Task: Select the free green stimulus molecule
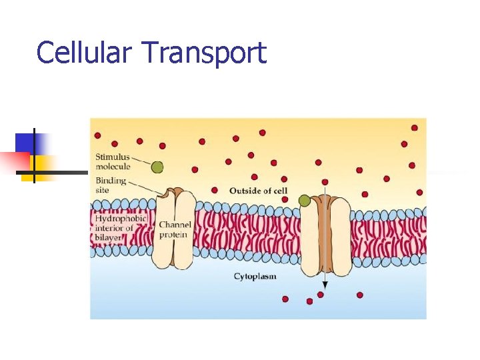point(157,167)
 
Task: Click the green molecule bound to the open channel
point(305,199)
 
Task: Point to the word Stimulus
point(111,157)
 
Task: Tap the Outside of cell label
point(259,191)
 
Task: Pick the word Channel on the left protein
point(175,225)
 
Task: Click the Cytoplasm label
point(255,276)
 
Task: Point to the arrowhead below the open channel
point(321,293)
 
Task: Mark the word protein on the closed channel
point(174,235)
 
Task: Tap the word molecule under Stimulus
point(113,167)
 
